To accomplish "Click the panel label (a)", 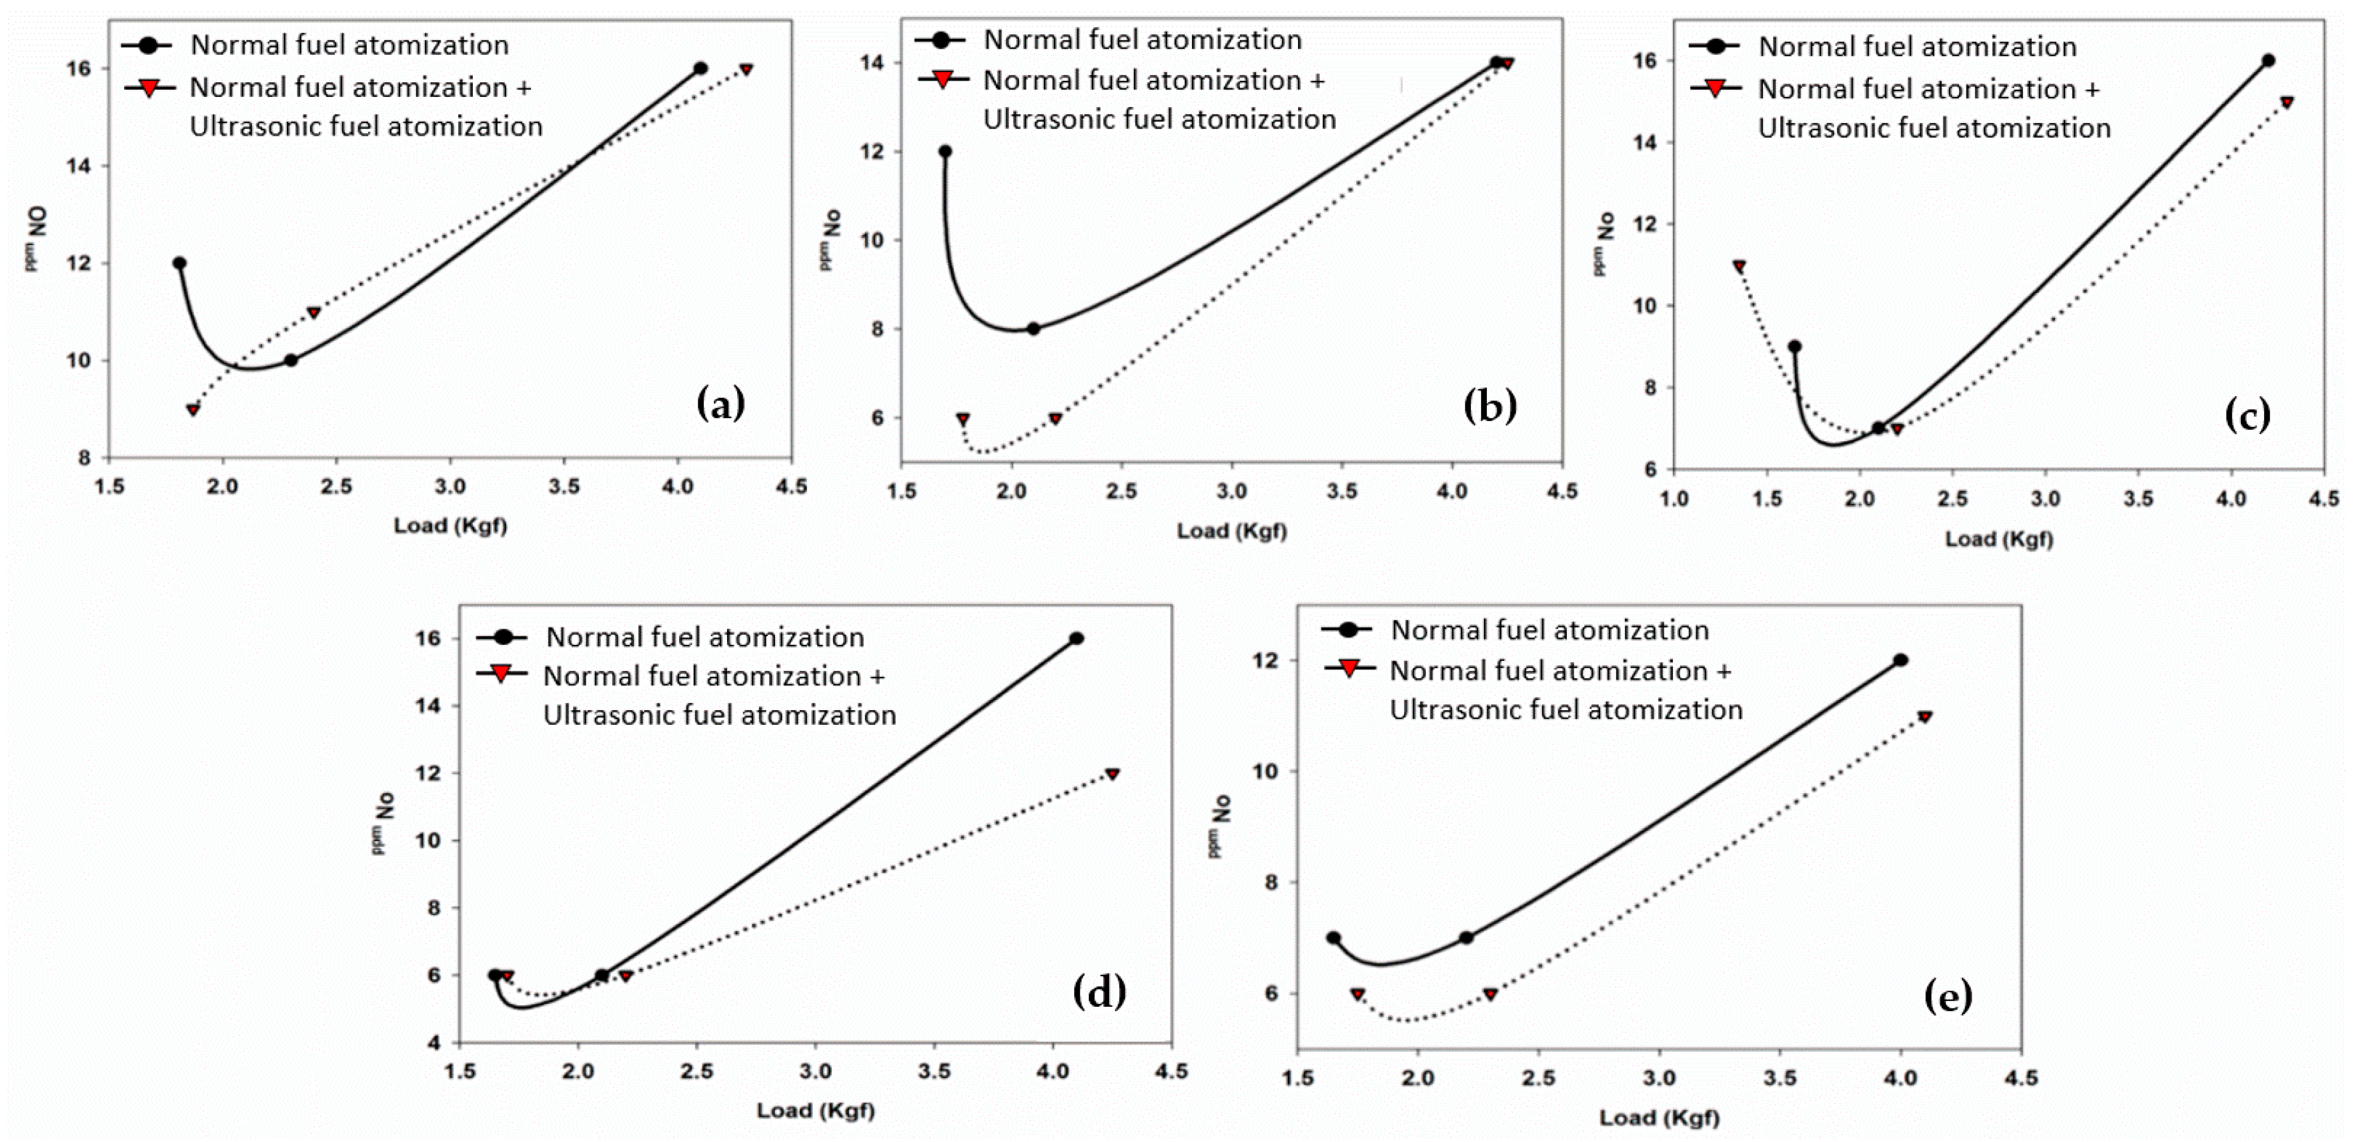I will click(x=721, y=404).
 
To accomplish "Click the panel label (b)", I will click(x=1490, y=405).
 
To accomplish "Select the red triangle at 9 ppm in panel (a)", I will click(x=193, y=409).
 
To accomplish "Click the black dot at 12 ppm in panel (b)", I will click(x=945, y=152).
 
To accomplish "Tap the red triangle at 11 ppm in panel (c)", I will click(x=1739, y=266).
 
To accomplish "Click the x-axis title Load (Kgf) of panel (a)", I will click(x=450, y=526).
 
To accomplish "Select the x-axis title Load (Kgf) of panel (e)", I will click(x=1659, y=1117).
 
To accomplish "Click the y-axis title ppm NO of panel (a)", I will click(x=36, y=238).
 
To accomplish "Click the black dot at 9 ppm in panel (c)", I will click(x=1795, y=347).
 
